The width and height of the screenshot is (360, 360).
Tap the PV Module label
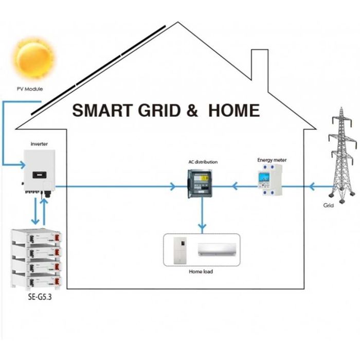pyautogui.click(x=29, y=89)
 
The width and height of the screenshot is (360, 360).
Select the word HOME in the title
pyautogui.click(x=233, y=110)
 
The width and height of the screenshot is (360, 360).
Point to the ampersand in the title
pyautogui.click(x=192, y=110)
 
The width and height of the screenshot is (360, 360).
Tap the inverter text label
pyautogui.click(x=39, y=144)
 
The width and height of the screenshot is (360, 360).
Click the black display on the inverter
pyautogui.click(x=38, y=175)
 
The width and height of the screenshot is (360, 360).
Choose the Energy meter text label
pyautogui.click(x=272, y=160)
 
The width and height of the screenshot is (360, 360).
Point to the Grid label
pyautogui.click(x=329, y=205)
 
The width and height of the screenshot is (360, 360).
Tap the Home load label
pyautogui.click(x=202, y=271)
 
